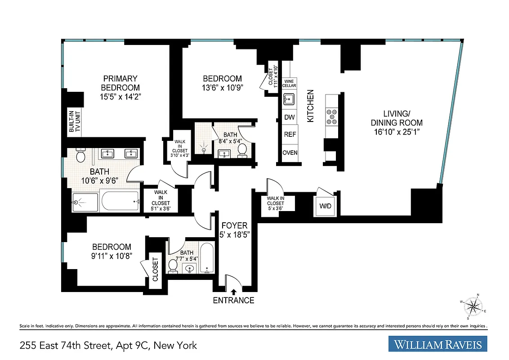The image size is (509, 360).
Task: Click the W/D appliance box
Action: [x=325, y=206]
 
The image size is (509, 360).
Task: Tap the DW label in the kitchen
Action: [x=290, y=117]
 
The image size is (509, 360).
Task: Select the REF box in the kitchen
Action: [x=290, y=134]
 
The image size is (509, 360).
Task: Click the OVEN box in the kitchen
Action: [x=290, y=153]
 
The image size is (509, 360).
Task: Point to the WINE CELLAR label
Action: [x=290, y=83]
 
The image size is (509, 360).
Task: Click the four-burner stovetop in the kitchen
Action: [x=333, y=116]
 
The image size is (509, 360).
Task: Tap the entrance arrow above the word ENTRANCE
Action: [x=233, y=292]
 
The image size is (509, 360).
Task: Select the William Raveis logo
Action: [x=438, y=345]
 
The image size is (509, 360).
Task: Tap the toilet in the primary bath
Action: [x=81, y=156]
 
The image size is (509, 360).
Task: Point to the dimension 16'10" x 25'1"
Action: [x=397, y=131]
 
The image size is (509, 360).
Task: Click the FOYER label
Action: [x=233, y=225]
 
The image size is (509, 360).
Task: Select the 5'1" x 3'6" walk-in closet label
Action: [x=161, y=200]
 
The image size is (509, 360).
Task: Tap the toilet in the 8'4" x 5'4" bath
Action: [x=242, y=149]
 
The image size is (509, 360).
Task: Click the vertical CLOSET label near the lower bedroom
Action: [x=156, y=269]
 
